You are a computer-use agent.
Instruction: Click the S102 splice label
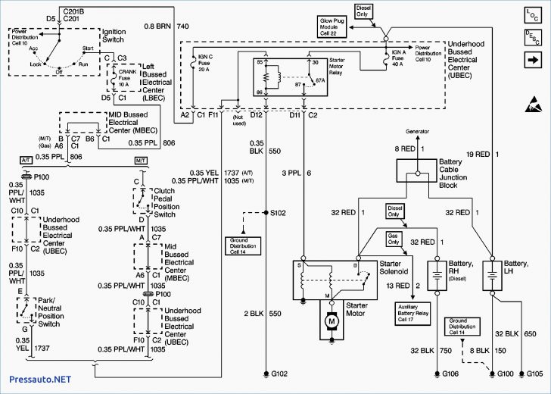click(279, 213)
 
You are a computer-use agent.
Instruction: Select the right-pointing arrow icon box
click(531, 59)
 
